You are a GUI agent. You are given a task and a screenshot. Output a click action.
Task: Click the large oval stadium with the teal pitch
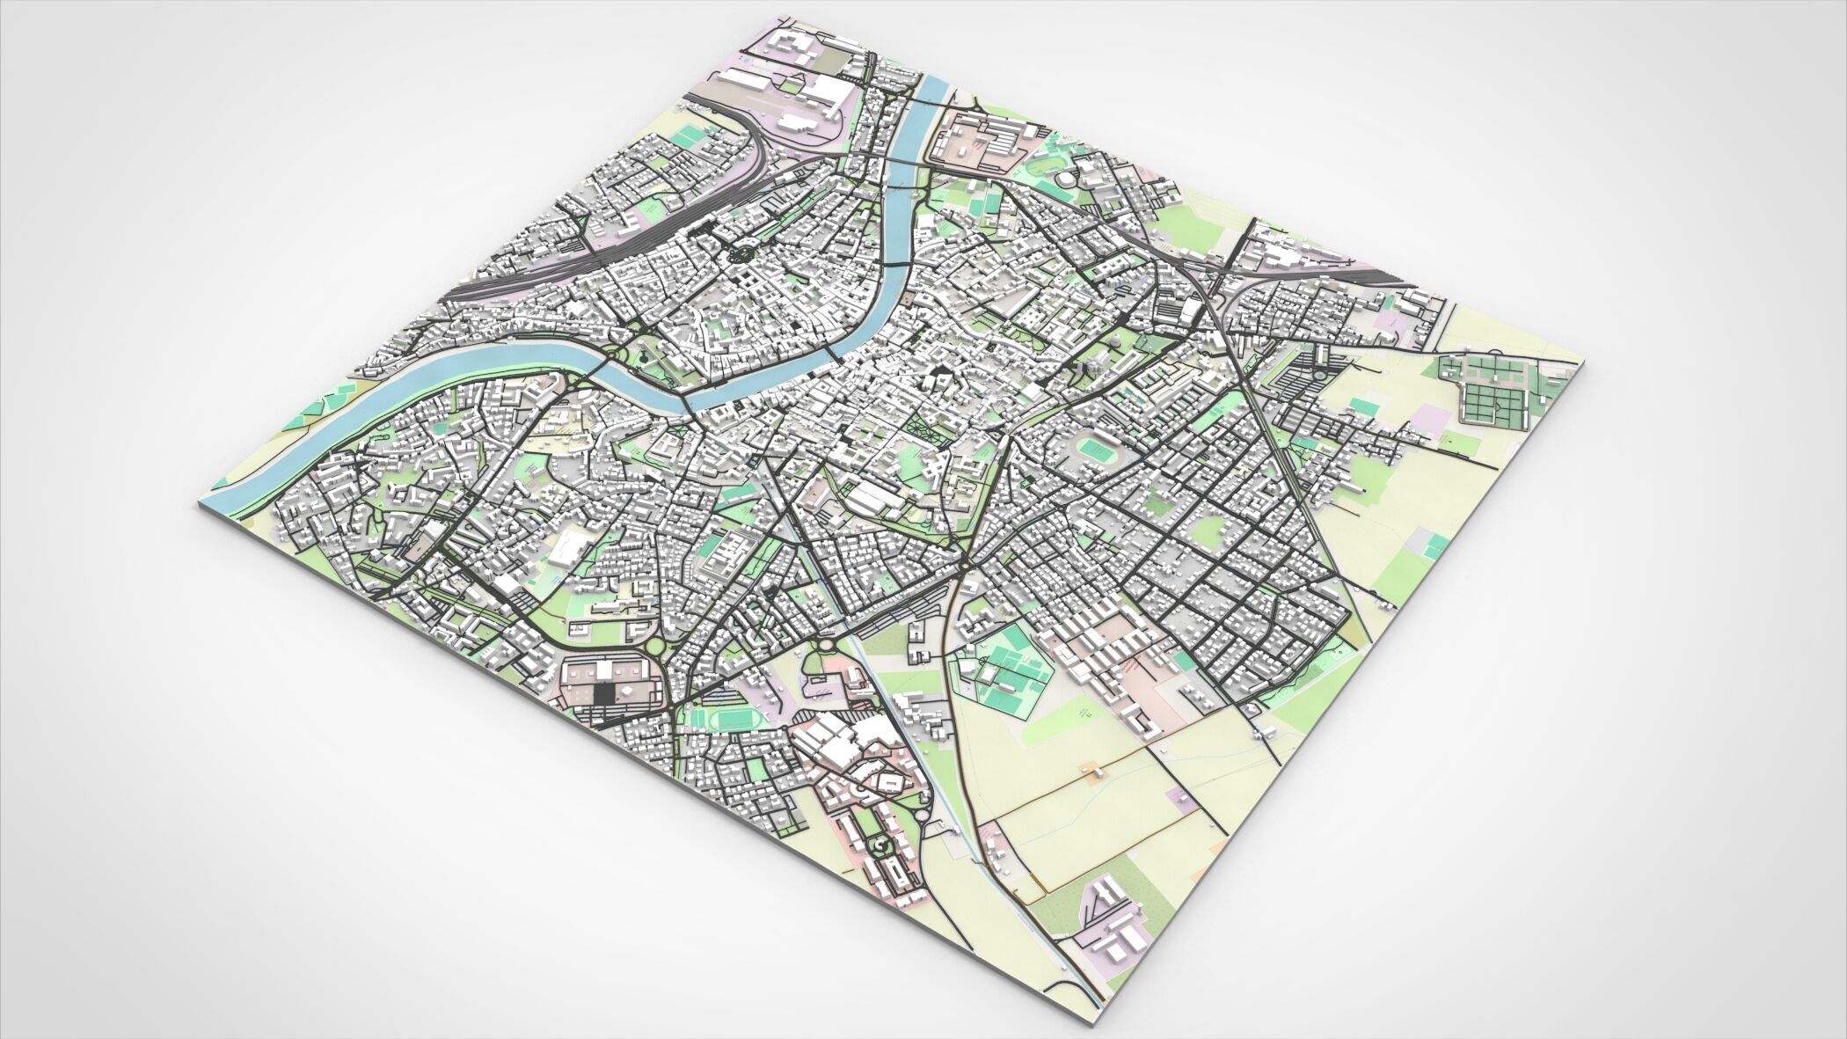point(1096,452)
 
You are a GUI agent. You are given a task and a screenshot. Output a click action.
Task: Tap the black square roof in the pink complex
point(604,694)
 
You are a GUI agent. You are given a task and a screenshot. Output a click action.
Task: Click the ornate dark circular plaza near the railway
point(739,256)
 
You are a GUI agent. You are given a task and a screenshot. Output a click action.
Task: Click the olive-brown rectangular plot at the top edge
point(831,60)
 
